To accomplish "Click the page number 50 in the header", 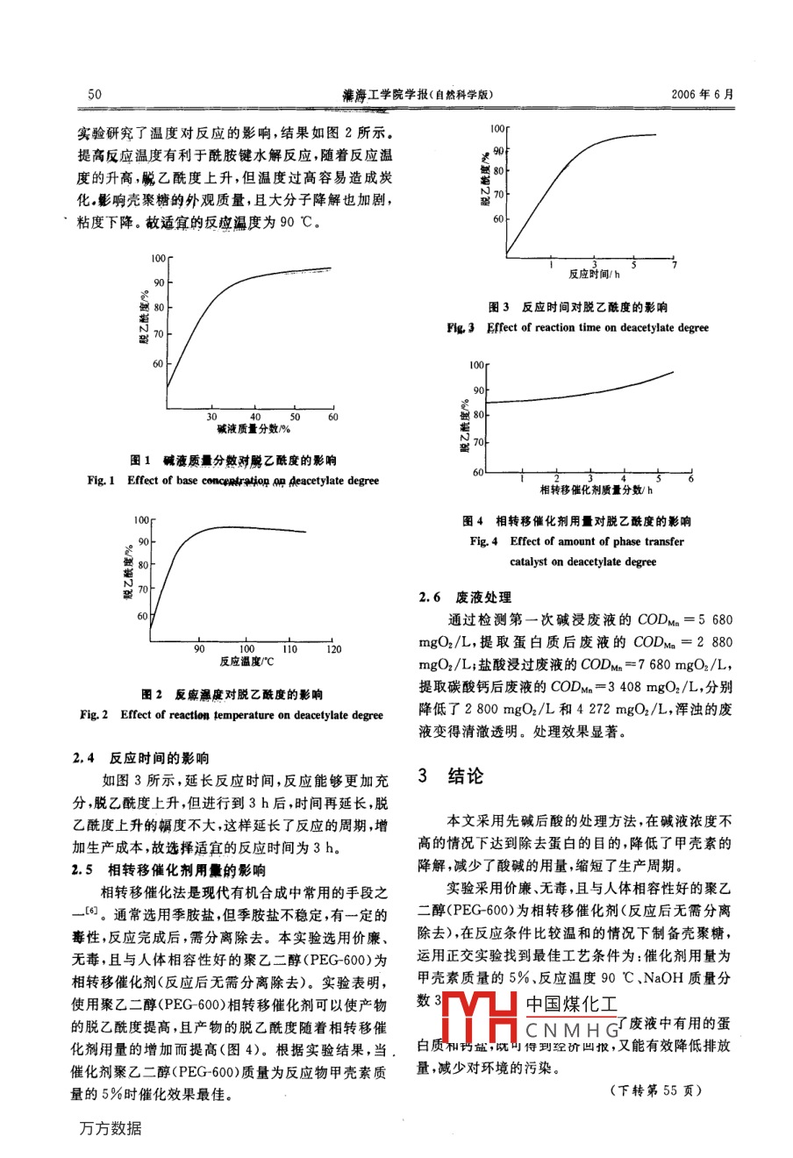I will tap(96, 95).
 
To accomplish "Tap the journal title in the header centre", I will tap(418, 95).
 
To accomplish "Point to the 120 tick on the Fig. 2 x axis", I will tap(333, 649).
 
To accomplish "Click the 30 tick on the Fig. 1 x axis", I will tap(212, 418).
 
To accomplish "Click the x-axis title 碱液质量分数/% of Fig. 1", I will tap(254, 429).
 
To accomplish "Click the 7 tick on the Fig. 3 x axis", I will tap(674, 264).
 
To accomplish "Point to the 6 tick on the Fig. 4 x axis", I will tap(690, 478).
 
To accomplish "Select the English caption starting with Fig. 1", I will tap(233, 481).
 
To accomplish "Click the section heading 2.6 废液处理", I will tap(465, 597).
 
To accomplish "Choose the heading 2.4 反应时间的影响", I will tap(141, 758).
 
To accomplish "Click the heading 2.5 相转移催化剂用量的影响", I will tap(168, 870).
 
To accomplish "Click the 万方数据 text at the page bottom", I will tap(111, 1128).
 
